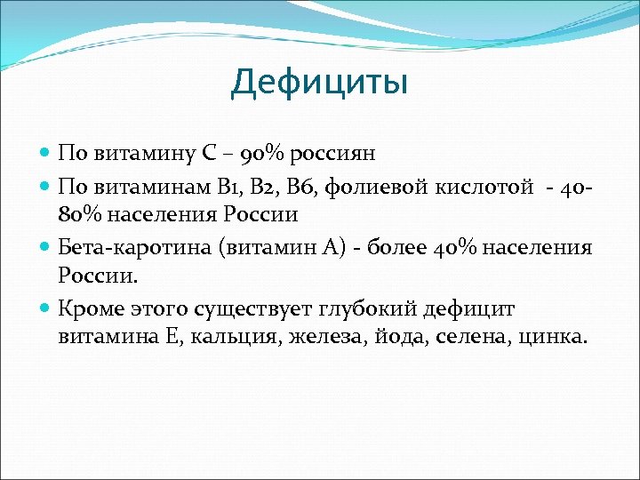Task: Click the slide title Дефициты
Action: pyautogui.click(x=319, y=83)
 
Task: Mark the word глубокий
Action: pyautogui.click(x=376, y=308)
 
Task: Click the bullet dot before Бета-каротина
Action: pyautogui.click(x=46, y=246)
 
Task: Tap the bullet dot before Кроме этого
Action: pyautogui.click(x=46, y=308)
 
